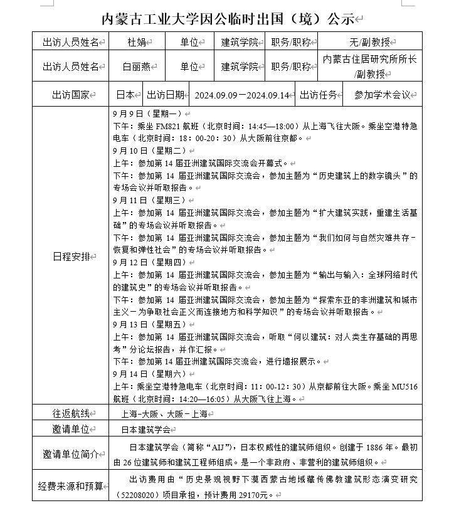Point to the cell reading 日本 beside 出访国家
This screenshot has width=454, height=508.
125,95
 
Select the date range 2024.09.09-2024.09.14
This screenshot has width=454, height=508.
241,95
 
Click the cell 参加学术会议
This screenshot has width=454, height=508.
382,95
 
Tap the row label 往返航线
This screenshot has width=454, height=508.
70,413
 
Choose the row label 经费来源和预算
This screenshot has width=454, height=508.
70,487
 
